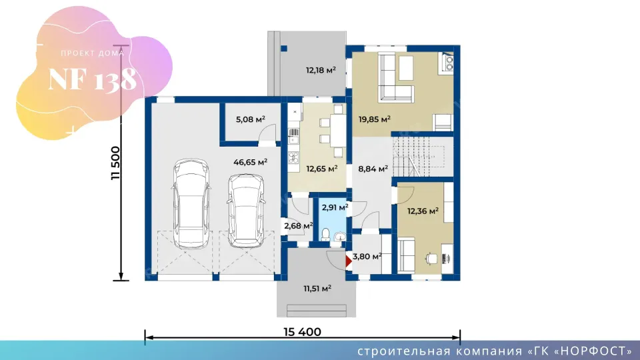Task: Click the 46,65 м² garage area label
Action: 250,162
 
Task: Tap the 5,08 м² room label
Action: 251,119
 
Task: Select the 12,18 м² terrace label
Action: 321,70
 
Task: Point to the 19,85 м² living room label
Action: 374,119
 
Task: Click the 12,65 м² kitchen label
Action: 321,169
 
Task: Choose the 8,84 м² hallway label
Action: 373,169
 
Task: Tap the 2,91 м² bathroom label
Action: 335,207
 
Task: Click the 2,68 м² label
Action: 299,226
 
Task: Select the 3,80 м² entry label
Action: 367,256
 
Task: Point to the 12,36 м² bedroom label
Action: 423,211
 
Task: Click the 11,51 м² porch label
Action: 317,289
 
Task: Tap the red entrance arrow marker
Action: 348,261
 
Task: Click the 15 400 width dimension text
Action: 303,332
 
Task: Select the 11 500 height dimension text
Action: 116,163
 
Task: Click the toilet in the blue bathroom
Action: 325,235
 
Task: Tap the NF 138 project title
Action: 92,79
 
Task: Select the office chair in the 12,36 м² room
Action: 431,259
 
